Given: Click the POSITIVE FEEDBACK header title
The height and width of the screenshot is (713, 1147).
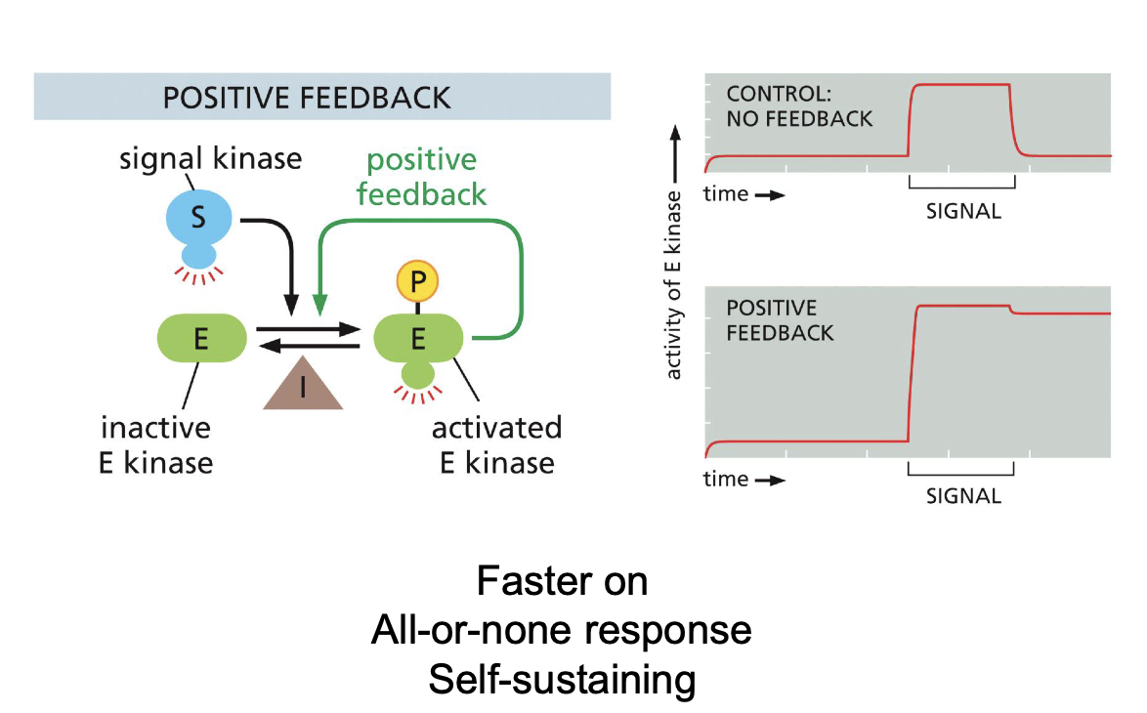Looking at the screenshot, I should point(307,98).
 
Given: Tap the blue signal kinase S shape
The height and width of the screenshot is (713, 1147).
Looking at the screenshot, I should point(198,219).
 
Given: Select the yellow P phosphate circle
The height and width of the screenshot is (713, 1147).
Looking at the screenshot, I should point(418,281).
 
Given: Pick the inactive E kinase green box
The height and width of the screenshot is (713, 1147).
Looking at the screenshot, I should point(200,338).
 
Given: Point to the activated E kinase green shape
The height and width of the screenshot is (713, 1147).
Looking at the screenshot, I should point(418,339).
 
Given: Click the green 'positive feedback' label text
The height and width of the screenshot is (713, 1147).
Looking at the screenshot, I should point(421,177).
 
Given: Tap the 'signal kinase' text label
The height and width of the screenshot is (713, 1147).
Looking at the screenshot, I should point(210,157).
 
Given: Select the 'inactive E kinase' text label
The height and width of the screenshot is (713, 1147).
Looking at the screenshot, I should point(156,444).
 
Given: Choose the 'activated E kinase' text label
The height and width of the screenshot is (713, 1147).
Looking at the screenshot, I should point(496,444).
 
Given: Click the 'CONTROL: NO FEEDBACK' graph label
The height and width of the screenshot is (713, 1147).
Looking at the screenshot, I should point(799,106).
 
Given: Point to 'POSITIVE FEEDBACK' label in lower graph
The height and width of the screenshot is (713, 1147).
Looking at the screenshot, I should point(780,320).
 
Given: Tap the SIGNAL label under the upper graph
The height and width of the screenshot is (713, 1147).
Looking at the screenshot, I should point(963,210).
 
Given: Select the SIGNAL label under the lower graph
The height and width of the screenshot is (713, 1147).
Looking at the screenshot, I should point(963,495).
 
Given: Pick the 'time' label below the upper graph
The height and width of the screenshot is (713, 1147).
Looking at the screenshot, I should point(726,193).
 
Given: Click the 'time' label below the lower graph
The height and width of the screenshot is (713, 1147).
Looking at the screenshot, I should point(726,479).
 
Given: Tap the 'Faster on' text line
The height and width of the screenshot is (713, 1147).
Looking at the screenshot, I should point(562,582).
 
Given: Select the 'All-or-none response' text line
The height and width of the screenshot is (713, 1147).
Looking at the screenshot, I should point(562,630).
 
